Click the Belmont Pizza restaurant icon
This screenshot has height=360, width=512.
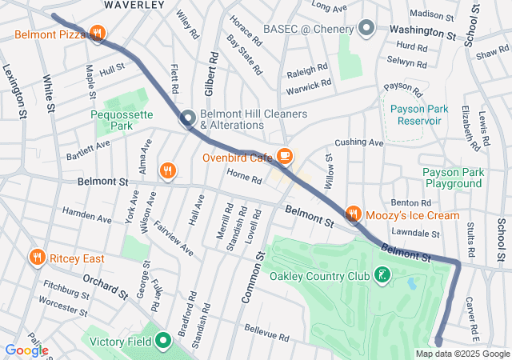coord(97,34)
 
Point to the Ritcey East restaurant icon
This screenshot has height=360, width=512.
coord(36,258)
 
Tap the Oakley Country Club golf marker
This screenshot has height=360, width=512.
coord(383,276)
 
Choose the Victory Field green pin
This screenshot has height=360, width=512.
coord(164,342)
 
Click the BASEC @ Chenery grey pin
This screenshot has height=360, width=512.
coord(366,29)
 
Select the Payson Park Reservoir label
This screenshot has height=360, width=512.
coord(416,114)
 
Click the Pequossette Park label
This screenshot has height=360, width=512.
coord(122,120)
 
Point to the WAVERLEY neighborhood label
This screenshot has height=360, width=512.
coord(134,5)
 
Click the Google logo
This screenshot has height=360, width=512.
coord(26,350)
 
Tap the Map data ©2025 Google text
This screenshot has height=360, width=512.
coord(462,354)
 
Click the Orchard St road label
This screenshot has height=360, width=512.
coord(105,286)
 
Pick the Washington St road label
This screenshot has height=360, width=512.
coord(422,32)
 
